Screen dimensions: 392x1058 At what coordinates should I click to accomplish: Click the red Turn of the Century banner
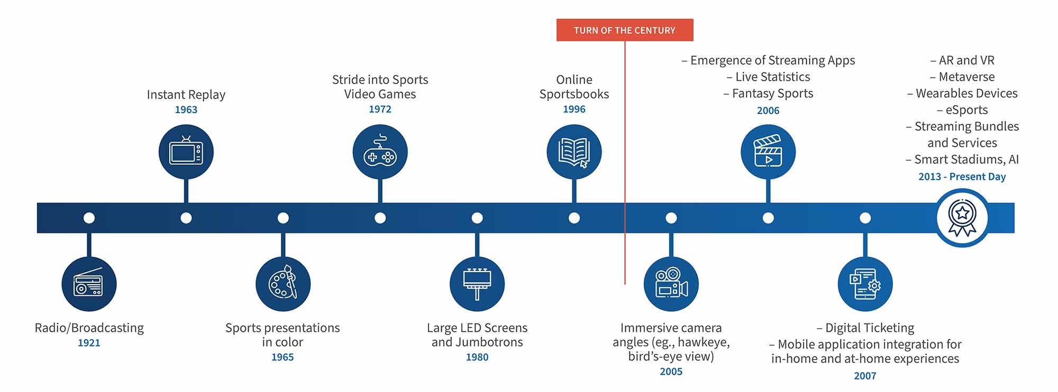click(x=624, y=30)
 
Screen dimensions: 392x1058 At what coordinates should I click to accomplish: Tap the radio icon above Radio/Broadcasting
click(x=89, y=284)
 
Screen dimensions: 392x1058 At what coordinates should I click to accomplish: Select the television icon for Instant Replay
click(x=186, y=152)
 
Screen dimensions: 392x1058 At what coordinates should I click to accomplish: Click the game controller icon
click(x=380, y=152)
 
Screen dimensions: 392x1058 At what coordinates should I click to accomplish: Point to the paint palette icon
click(x=283, y=284)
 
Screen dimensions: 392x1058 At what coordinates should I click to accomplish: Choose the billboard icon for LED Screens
click(x=477, y=284)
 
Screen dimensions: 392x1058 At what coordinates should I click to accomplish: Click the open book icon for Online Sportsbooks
click(x=574, y=152)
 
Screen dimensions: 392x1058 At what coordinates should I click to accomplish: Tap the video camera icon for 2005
click(x=671, y=284)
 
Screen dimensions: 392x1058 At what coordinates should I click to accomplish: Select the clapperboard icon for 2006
click(x=768, y=152)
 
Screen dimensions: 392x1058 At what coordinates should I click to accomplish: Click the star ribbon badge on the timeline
click(x=962, y=218)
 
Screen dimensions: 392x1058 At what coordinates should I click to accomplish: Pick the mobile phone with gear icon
click(x=865, y=284)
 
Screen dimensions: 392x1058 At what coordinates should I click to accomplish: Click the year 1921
click(x=89, y=343)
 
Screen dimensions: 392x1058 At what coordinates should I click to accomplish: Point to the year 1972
click(x=380, y=109)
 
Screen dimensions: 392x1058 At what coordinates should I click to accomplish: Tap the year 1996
click(x=574, y=109)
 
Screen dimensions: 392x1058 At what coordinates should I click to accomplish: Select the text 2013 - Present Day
click(x=962, y=176)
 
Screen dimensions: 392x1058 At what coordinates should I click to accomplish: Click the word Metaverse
click(x=966, y=77)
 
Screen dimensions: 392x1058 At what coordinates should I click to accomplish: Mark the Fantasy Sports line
click(x=772, y=94)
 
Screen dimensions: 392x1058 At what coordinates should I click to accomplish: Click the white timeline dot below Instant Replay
click(x=186, y=218)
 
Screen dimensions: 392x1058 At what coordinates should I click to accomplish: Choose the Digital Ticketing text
click(x=869, y=328)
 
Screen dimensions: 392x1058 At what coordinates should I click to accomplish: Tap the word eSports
click(x=966, y=110)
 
